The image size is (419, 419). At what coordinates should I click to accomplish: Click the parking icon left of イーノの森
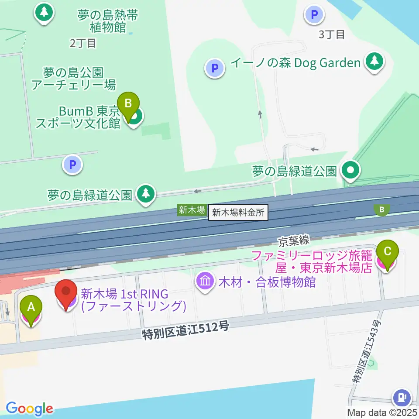(x=214, y=68)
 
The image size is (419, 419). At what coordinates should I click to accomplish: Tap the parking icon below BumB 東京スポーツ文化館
(x=72, y=165)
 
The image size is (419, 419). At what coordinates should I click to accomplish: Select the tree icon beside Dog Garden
(x=374, y=62)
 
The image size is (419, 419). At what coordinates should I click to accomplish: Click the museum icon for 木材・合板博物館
(x=205, y=281)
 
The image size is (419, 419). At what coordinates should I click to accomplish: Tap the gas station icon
(x=402, y=398)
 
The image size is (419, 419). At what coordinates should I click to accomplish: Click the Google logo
(x=29, y=409)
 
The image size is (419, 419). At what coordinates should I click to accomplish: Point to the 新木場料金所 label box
(x=238, y=213)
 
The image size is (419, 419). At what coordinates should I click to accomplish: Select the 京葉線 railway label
(x=295, y=239)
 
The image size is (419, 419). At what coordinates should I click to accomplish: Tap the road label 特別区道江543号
(x=366, y=351)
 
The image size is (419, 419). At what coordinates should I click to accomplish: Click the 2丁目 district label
(x=82, y=43)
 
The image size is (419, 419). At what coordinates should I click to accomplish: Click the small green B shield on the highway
(x=382, y=210)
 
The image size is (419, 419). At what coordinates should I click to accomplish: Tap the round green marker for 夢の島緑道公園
(x=350, y=171)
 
